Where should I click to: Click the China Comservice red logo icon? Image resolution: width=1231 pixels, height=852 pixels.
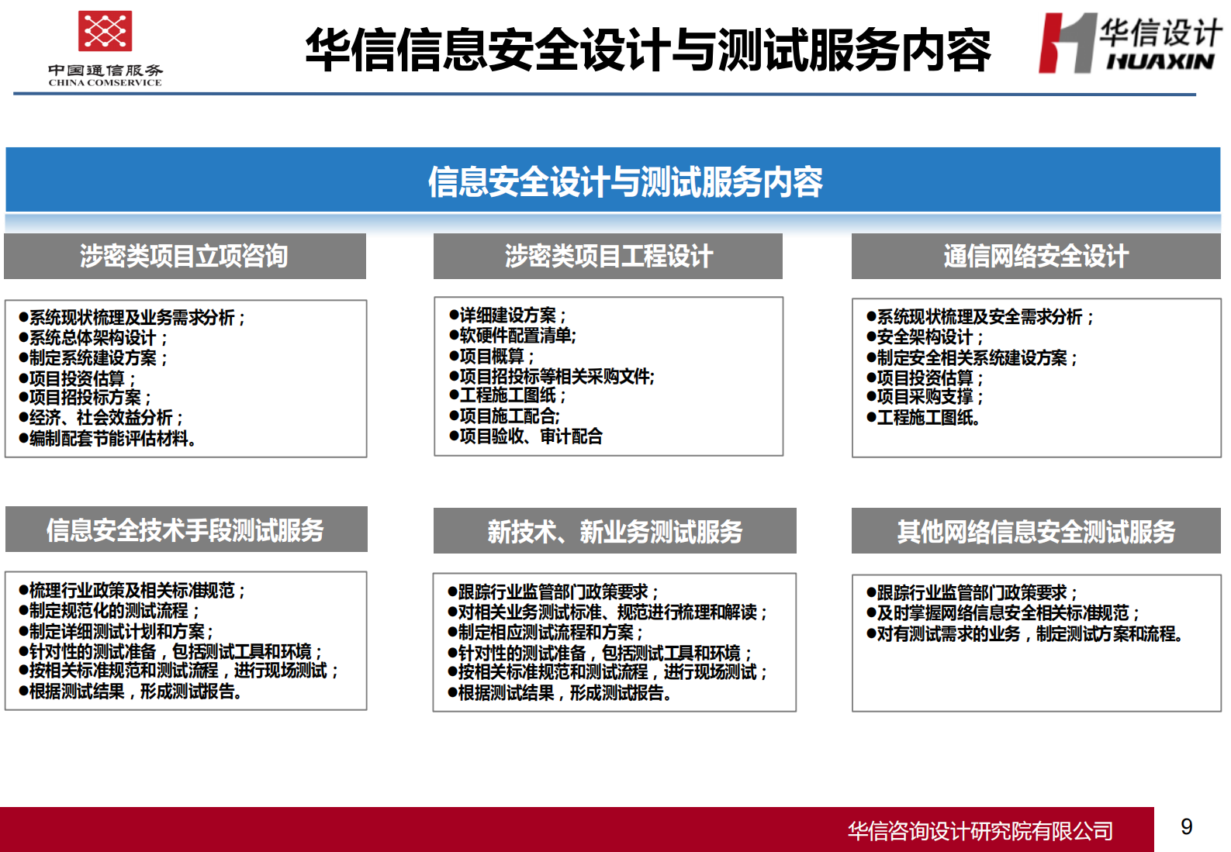pos(105,31)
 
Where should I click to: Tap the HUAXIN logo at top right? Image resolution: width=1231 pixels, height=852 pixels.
pos(1129,44)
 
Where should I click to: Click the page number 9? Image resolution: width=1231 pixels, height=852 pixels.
pos(1186,826)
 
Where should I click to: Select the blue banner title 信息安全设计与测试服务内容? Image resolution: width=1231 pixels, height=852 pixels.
pos(625,181)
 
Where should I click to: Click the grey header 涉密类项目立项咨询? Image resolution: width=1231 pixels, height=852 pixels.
pos(185,256)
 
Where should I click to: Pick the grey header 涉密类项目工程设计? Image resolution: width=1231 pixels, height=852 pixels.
pos(608,256)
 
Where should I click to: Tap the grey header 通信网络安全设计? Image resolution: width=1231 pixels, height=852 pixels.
pos(1036,256)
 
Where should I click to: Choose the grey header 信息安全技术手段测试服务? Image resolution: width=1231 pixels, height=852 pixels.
pos(185,530)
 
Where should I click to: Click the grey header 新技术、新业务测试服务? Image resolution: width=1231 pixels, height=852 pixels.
pos(614,531)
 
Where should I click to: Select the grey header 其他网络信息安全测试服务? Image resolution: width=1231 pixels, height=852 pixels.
pos(1036,531)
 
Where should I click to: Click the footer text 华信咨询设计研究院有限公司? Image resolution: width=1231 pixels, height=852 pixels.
pos(980,831)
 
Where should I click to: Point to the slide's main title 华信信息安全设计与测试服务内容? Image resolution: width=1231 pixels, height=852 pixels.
pos(648,50)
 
